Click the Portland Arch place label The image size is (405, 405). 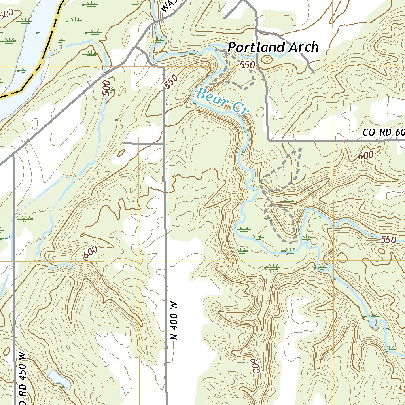[x=273, y=47]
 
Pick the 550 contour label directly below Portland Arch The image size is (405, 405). [x=246, y=65]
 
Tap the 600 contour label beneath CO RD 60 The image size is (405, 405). [x=366, y=156]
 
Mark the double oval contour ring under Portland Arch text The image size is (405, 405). [x=267, y=60]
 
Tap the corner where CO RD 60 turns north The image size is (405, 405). [x=269, y=140]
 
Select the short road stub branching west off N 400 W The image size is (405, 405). [x=143, y=143]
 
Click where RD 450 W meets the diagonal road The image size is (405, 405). [x=13, y=155]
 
